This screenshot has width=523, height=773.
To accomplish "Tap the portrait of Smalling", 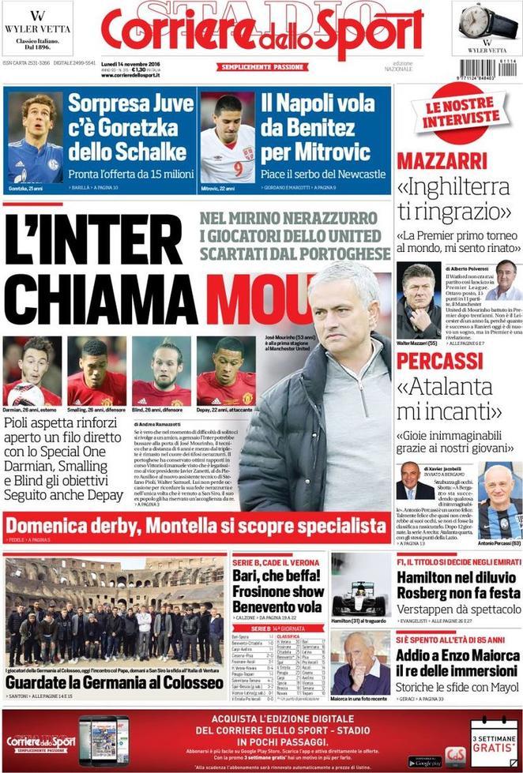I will pyautogui.click(x=96, y=365).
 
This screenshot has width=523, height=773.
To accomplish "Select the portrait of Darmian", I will pyautogui.click(x=32, y=365).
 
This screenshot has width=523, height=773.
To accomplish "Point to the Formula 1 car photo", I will pyautogui.click(x=359, y=589).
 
